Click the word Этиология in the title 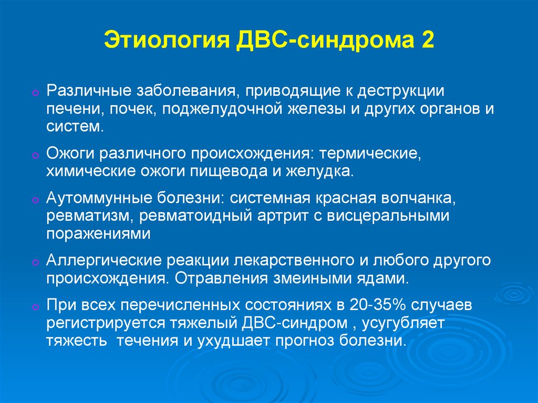click(167, 40)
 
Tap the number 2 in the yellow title click(427, 39)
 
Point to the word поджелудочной click(222, 109)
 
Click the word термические click(370, 153)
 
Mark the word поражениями click(98, 234)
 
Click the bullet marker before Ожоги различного click(35, 155)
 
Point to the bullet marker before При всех click(35, 306)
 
